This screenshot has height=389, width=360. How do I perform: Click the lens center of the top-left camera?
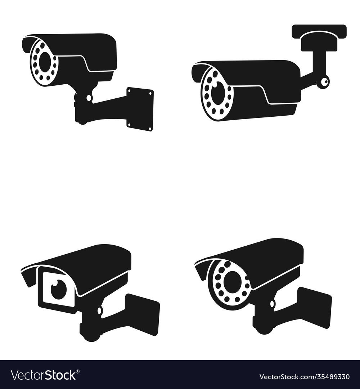coord(45,62)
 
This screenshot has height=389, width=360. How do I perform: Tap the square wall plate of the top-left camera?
coord(140,109)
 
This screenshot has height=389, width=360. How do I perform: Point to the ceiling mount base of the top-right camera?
coord(319,31)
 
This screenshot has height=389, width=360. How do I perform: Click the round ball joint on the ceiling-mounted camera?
coord(323,82)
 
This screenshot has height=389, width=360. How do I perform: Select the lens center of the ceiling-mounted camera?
coord(217,93)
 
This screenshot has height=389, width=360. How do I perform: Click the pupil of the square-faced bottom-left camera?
coord(58,289)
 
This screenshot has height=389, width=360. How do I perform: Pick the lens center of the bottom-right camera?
coord(232,282)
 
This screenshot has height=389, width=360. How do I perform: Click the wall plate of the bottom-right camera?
coord(314,307)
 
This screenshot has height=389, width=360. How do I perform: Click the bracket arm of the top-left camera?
coord(108,104)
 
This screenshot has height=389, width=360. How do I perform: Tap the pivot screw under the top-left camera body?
coord(89,98)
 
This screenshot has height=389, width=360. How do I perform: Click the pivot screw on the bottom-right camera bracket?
coord(273,304)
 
